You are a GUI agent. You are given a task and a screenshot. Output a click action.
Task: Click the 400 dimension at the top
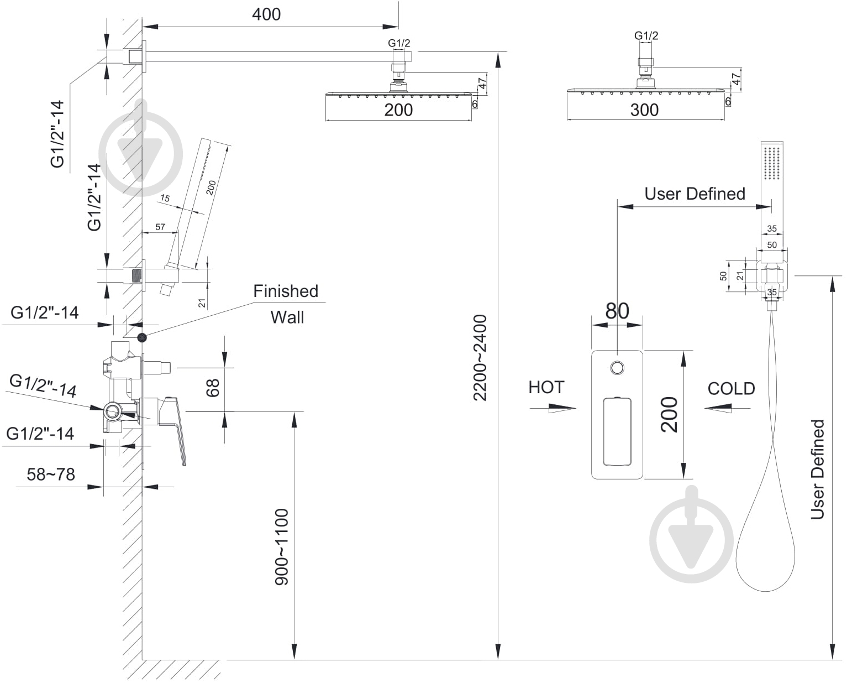coord(266,14)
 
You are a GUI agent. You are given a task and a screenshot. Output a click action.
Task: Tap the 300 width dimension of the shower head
coord(644,110)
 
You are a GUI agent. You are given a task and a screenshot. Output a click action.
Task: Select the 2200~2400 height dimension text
coord(480,358)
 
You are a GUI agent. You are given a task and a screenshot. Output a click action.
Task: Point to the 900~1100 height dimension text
coord(282,547)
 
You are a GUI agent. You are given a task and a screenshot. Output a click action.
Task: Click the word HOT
coord(546,388)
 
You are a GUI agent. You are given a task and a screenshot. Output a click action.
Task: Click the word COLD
coord(732,389)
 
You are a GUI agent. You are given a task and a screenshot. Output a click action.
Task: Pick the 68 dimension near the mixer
coord(213,388)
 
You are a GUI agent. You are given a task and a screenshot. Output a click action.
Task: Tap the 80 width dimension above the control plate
coord(617,311)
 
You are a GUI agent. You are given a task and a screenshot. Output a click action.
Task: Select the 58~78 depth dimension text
coord(51,474)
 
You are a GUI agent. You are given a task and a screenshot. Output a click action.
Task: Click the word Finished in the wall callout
coord(286,291)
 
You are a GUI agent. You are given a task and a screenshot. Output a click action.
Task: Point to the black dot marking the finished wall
coord(141,337)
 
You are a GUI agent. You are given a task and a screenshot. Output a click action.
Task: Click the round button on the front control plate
coord(617,368)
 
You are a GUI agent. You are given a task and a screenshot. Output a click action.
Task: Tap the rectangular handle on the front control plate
coord(617,431)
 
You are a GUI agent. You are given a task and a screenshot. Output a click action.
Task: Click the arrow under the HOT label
coord(553,408)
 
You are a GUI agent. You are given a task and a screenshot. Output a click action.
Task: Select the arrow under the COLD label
coord(727,408)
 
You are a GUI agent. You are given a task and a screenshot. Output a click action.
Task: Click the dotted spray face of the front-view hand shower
coord(772,163)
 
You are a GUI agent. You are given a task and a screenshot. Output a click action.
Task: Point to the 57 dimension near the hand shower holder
coord(160,227)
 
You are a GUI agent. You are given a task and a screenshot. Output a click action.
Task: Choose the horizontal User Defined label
coord(695,194)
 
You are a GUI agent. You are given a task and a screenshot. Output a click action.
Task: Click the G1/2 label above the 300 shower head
coord(646,36)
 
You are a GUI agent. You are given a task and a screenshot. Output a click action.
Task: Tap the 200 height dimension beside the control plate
coord(669,415)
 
